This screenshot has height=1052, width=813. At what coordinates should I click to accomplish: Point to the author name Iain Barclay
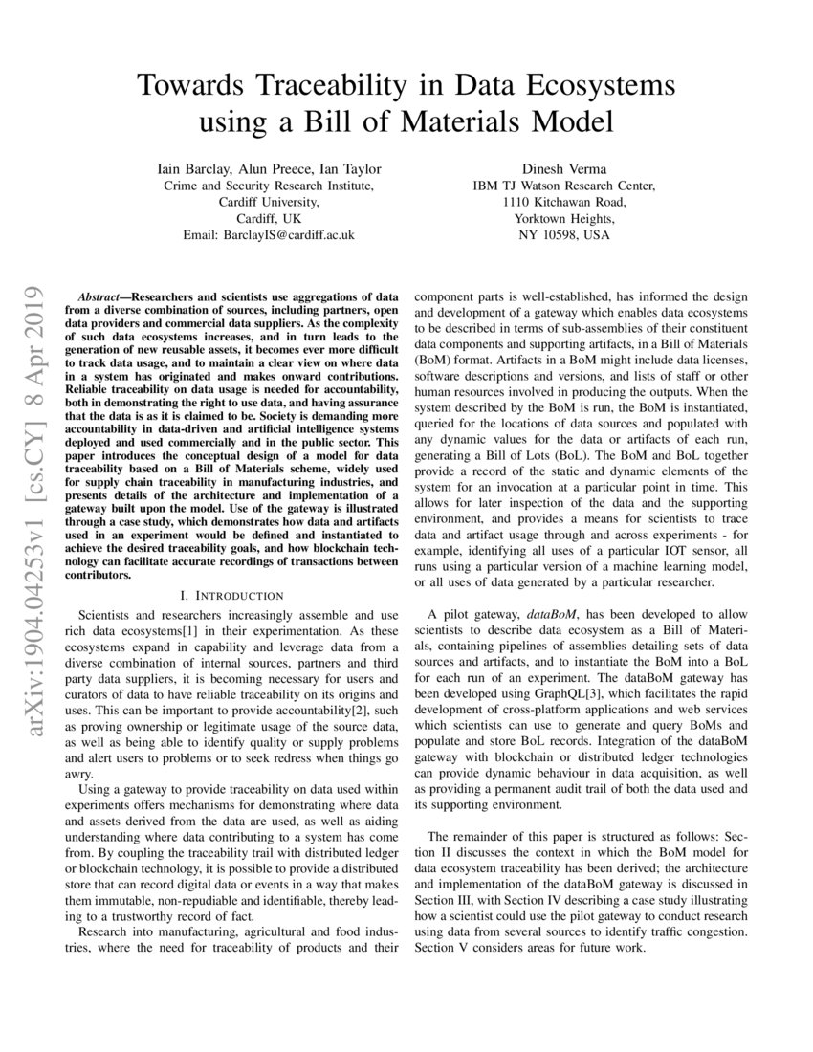coord(191,167)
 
